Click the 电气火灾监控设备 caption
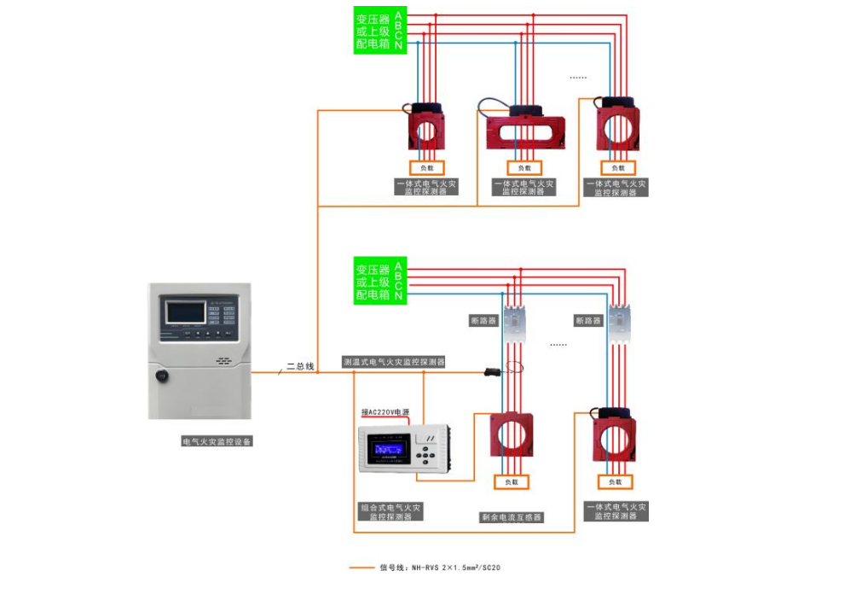click(x=218, y=441)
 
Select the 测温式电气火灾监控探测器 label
click(x=394, y=362)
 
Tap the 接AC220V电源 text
click(x=385, y=411)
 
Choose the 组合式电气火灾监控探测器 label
click(x=390, y=512)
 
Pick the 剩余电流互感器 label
click(x=512, y=517)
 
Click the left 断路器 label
click(x=483, y=321)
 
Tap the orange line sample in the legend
click(x=361, y=567)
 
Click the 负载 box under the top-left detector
click(x=428, y=167)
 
